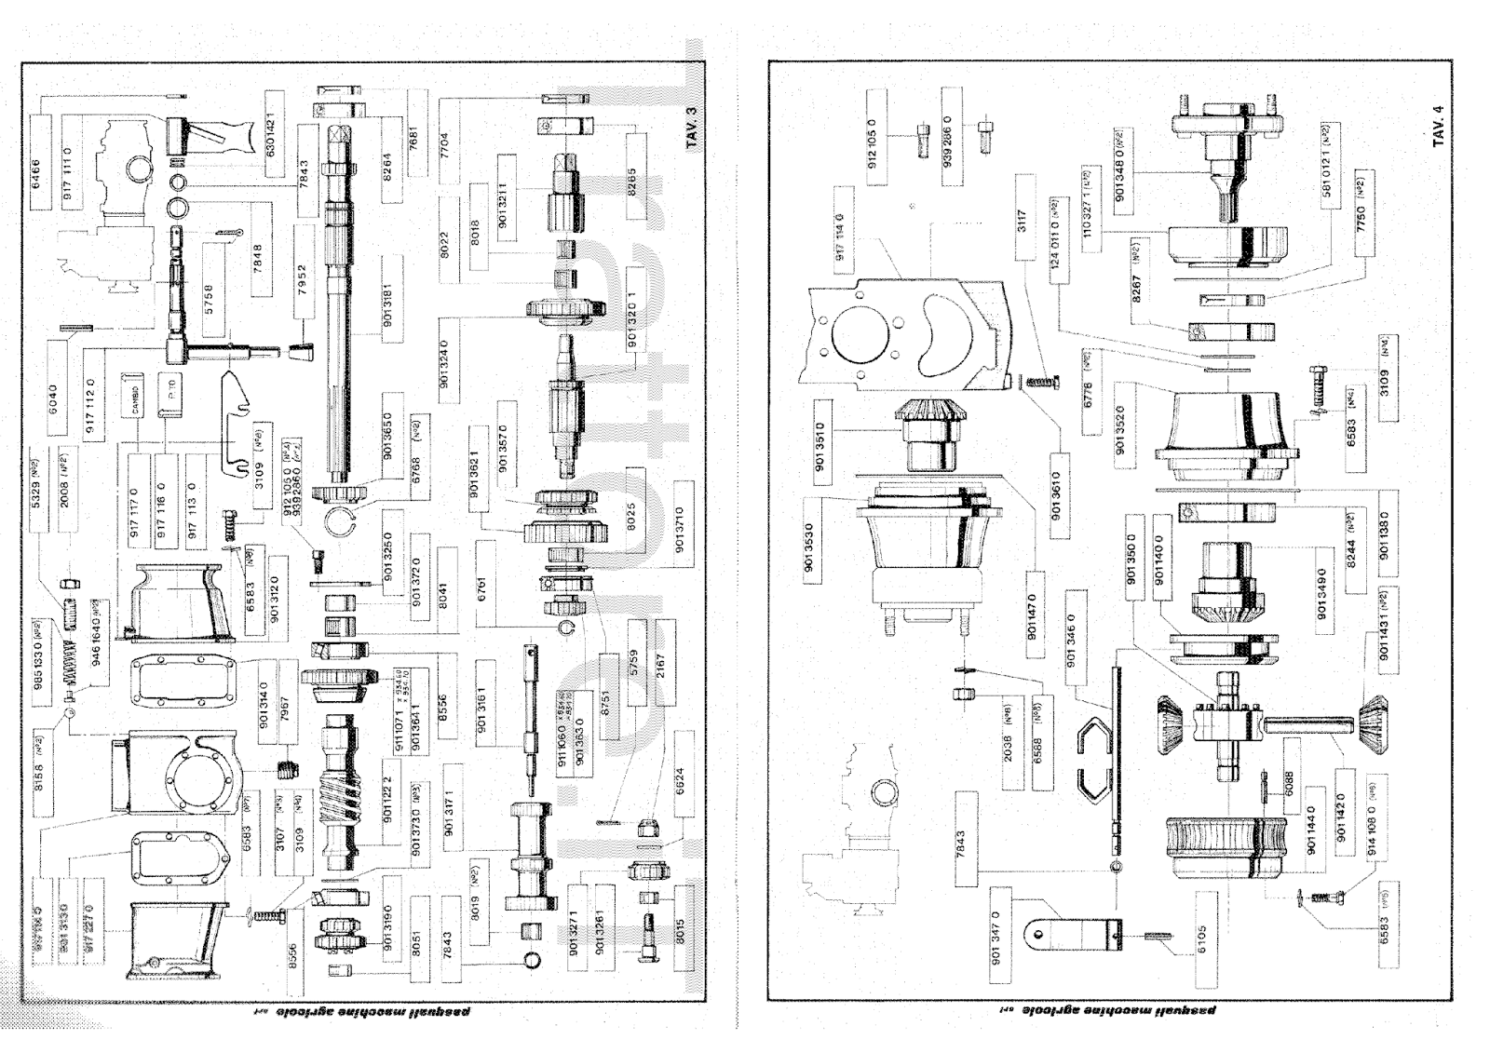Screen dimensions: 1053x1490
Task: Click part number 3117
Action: [1021, 223]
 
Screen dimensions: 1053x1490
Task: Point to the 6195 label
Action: [1202, 927]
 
